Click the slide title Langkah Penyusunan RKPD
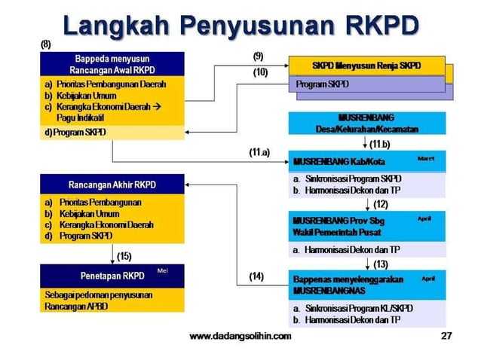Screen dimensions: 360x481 click(x=240, y=24)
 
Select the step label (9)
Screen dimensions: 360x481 click(x=259, y=56)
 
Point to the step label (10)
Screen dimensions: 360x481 click(x=260, y=72)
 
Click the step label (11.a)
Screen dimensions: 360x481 click(x=259, y=152)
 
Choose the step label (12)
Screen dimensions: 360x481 click(x=381, y=204)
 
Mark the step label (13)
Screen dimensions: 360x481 click(x=381, y=264)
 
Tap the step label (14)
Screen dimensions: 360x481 click(x=257, y=276)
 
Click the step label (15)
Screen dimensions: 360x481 click(x=124, y=256)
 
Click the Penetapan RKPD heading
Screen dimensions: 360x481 click(x=112, y=276)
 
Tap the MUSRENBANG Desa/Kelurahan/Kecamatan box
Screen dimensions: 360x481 click(x=366, y=123)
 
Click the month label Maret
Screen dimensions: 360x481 click(x=426, y=159)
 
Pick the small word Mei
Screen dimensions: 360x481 click(x=162, y=270)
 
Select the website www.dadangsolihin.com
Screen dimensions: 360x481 click(x=240, y=336)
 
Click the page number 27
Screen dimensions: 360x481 click(x=446, y=336)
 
